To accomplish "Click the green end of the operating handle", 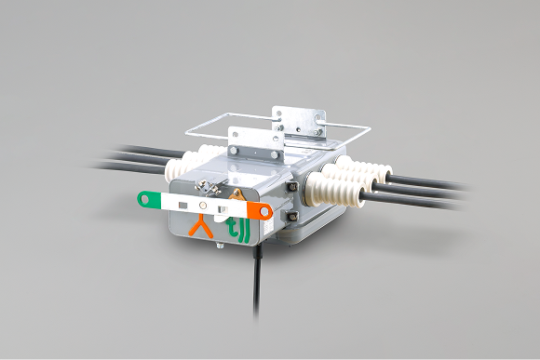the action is tap(148, 200).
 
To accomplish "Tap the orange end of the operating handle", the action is tap(260, 210).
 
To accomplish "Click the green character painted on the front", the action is tap(237, 232).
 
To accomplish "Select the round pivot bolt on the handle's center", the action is tap(203, 206).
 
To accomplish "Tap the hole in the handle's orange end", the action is tap(264, 211).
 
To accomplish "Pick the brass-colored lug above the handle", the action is tap(236, 194).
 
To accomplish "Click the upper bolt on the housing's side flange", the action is tap(292, 187).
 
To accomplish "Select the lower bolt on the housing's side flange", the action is tap(291, 216).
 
